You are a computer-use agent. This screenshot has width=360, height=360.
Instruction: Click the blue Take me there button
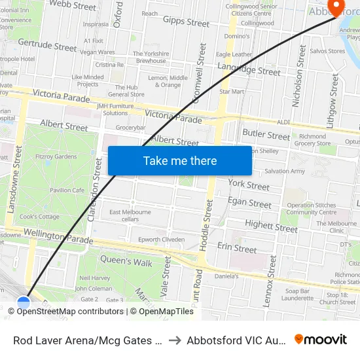[180, 160]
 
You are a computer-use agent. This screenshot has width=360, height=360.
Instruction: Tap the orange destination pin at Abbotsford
[336, 7]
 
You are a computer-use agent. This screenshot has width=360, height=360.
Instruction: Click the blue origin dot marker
[24, 303]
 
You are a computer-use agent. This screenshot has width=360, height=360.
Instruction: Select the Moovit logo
[321, 340]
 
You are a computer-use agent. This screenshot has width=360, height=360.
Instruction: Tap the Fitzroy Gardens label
[57, 156]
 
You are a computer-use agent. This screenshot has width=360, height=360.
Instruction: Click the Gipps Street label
[186, 22]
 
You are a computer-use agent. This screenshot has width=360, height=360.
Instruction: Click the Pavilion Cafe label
[67, 190]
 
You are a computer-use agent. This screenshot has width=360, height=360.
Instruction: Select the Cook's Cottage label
[40, 217]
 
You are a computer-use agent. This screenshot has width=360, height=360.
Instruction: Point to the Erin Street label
[237, 248]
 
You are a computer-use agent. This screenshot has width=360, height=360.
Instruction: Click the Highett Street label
[271, 226]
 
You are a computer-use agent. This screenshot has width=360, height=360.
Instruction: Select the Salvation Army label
[284, 171]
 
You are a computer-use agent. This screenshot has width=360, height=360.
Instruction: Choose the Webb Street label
[73, 6]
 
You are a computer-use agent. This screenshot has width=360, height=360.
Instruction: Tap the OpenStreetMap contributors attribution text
[70, 312]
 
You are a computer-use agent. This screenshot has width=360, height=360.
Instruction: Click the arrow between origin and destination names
[175, 340]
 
